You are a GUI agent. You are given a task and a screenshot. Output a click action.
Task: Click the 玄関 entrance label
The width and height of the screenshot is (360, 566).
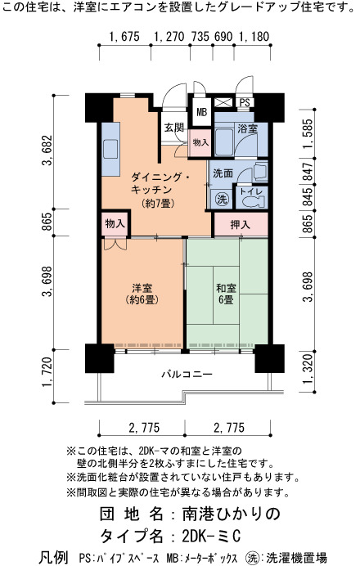[x=174, y=127]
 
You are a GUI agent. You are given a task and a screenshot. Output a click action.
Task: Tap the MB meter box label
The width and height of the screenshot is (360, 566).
[x=202, y=112]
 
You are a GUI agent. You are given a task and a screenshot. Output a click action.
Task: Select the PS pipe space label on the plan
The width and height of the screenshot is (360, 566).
[x=245, y=102]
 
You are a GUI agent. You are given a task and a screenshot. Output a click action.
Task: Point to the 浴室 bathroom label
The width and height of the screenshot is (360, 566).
[x=247, y=128]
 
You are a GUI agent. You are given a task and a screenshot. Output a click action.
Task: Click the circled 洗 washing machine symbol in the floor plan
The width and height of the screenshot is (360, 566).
[x=222, y=199]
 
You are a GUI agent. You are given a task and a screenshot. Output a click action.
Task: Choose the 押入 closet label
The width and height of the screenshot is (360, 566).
[x=241, y=225]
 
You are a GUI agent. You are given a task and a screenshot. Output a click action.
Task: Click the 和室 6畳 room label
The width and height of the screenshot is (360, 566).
[x=227, y=294]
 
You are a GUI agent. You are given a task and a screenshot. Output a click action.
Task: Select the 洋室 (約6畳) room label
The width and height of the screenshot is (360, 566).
[x=142, y=294]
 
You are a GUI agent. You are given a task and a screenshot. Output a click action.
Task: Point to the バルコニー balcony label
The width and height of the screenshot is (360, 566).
[x=187, y=374]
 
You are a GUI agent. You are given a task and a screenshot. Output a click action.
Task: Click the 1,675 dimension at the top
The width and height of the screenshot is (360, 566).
[x=124, y=37]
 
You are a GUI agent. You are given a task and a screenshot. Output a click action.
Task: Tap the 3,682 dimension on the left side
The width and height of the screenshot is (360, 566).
[x=47, y=150]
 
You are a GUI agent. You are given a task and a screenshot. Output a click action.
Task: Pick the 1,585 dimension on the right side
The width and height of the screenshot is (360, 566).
[x=308, y=133]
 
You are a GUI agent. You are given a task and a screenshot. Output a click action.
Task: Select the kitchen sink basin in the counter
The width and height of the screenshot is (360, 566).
[x=110, y=149]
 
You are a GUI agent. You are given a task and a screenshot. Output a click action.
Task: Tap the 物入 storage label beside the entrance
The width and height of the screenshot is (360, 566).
[x=200, y=143]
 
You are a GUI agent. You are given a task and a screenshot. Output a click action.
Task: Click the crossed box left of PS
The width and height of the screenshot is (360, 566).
[x=223, y=102]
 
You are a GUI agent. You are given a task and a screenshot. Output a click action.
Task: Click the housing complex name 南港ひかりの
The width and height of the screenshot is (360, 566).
[x=231, y=514]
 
